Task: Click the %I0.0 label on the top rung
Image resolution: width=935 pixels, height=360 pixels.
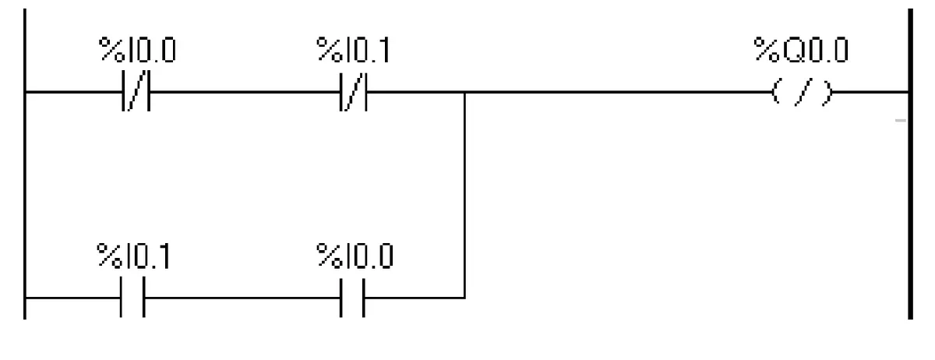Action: [x=137, y=50]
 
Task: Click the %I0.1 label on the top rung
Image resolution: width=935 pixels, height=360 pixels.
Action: [x=353, y=50]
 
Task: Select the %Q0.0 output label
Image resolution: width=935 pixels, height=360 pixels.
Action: [x=801, y=50]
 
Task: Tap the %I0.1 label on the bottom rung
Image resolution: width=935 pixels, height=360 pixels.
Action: [x=133, y=256]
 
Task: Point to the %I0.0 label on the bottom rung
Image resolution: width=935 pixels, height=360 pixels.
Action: [x=355, y=256]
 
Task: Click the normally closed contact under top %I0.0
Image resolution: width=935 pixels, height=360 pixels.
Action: [x=136, y=91]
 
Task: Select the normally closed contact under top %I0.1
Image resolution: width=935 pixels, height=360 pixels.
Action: [x=354, y=92]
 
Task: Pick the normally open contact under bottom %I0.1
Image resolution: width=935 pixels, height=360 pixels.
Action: [x=132, y=297]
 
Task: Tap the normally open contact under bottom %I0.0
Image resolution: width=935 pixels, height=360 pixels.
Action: [x=352, y=298]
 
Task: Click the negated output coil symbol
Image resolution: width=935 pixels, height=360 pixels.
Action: [x=802, y=92]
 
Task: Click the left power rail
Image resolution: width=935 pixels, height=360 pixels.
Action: [x=25, y=164]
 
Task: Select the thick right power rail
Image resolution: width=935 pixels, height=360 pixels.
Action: [x=910, y=164]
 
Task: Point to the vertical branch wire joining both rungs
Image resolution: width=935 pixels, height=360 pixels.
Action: [x=464, y=195]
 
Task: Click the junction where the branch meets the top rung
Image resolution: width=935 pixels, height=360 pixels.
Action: [x=464, y=92]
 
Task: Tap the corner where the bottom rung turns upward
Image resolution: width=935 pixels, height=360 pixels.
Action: [x=464, y=298]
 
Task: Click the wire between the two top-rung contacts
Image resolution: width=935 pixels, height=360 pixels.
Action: [x=245, y=91]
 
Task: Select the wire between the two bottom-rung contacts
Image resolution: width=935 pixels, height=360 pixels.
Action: [x=242, y=298]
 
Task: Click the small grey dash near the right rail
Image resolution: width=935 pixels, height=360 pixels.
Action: [x=901, y=121]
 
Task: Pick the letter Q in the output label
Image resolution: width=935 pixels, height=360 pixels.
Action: [x=795, y=51]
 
